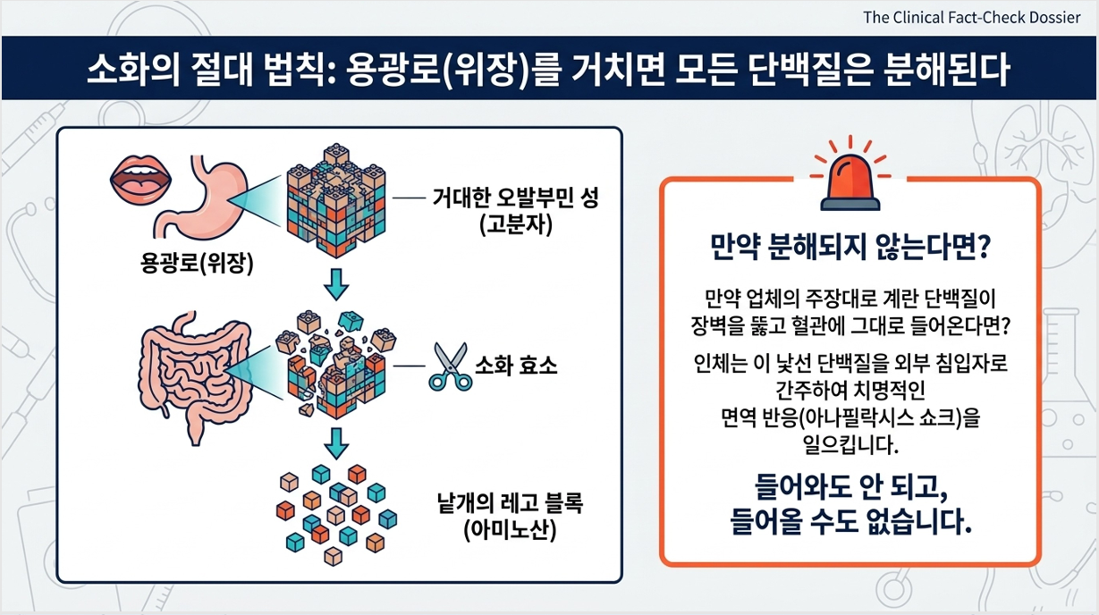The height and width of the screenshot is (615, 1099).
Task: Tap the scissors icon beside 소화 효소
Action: pos(451,366)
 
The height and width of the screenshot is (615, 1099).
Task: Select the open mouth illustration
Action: pos(140,180)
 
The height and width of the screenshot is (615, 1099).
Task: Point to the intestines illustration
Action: pos(196,376)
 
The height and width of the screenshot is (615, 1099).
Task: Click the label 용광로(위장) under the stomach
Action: pos(197,264)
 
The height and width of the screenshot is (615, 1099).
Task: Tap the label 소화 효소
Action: pos(516,366)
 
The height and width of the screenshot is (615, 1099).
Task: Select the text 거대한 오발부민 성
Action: pos(516,198)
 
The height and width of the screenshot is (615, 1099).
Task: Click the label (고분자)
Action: pos(516,225)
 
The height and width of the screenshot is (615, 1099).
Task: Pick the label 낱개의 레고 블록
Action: pos(511,502)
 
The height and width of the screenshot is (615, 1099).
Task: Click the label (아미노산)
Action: pos(511,530)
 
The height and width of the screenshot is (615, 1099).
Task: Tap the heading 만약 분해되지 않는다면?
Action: pos(850,248)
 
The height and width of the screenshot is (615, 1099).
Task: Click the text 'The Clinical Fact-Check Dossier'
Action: pos(971,18)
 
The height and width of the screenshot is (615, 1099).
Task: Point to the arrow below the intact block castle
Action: pos(336,284)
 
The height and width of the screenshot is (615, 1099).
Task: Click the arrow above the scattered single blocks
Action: pos(336,443)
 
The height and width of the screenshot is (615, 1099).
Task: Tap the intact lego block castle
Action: pos(336,200)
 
